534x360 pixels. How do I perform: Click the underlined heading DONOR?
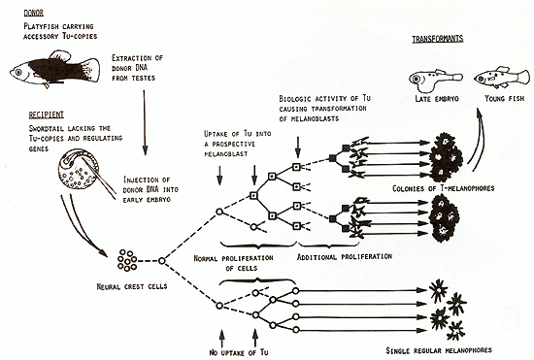[33, 13]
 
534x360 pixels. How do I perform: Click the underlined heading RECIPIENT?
[47, 115]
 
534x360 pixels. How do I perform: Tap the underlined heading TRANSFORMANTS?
[438, 39]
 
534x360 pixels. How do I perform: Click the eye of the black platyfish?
[17, 72]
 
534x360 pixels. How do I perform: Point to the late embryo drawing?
[435, 80]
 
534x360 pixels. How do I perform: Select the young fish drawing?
[502, 78]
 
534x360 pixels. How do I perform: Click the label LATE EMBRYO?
[437, 99]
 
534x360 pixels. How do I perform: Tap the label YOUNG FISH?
[504, 98]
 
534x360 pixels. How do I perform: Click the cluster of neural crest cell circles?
[127, 261]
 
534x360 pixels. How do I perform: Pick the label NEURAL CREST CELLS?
[132, 286]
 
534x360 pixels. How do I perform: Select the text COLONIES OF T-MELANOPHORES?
[444, 188]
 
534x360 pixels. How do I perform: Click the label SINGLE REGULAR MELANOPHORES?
[439, 350]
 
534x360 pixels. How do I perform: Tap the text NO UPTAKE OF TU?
[239, 352]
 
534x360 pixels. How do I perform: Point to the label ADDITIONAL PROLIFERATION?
[345, 256]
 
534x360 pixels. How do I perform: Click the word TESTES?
[144, 78]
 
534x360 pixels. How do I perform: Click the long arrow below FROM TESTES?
[145, 122]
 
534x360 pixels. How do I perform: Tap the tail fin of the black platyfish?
[90, 70]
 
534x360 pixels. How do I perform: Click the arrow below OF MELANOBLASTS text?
[298, 147]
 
